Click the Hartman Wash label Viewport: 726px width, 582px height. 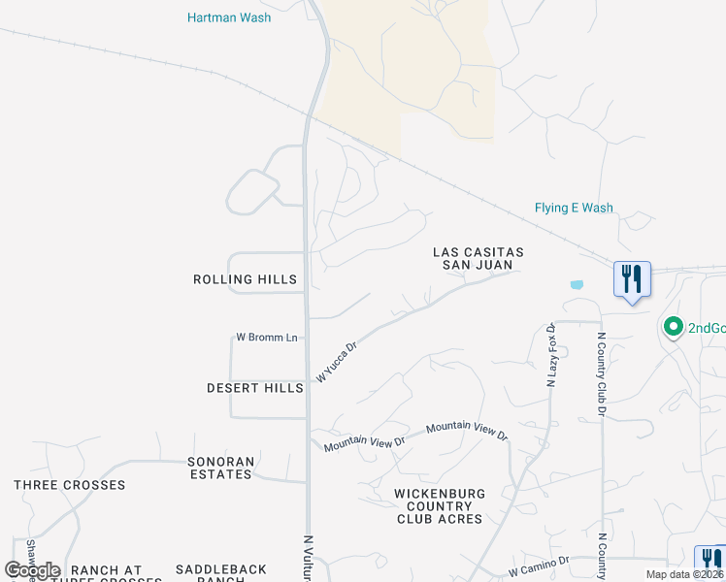[229, 17]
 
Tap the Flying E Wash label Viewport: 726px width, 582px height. [574, 208]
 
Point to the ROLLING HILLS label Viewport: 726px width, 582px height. [245, 279]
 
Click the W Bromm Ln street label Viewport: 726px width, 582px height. [266, 338]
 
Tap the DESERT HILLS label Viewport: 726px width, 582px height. [255, 388]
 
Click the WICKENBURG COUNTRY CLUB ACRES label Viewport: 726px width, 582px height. [439, 506]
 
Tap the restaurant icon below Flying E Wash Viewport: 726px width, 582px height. [632, 279]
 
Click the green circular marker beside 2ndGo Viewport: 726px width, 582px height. [672, 328]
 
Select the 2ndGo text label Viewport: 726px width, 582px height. [707, 328]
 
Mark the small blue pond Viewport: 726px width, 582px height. [577, 285]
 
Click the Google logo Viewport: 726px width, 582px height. [33, 570]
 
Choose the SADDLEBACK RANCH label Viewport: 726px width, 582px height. [208, 575]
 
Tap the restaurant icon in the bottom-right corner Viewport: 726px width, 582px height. [709, 560]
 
